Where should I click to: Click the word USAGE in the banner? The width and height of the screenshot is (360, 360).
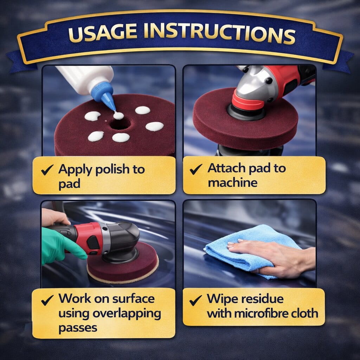tap(103, 33)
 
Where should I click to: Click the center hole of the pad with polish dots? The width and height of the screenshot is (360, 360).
tap(120, 124)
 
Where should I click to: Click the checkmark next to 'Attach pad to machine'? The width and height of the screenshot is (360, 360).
tap(196, 169)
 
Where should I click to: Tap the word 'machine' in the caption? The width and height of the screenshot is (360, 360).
tap(233, 183)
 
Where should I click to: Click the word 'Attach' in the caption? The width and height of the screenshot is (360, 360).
tap(227, 168)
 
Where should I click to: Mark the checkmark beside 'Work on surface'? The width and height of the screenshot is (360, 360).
tap(47, 300)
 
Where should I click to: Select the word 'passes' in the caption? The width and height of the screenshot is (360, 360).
tap(78, 328)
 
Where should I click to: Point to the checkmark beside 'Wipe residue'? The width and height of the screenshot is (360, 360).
tap(195, 300)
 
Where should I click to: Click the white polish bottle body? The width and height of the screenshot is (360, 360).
tap(86, 79)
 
